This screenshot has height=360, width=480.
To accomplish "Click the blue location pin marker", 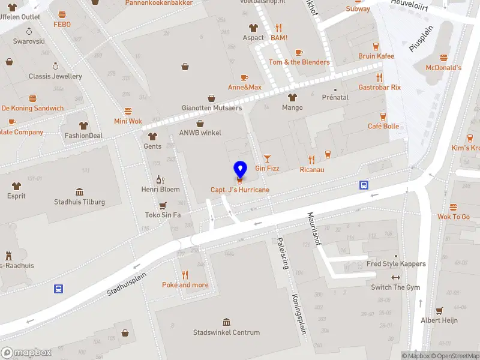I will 240,169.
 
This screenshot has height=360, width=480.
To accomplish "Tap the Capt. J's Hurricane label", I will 240,190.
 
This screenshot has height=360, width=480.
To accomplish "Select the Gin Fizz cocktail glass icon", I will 267,157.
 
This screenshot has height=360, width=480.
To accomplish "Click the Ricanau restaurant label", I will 311,169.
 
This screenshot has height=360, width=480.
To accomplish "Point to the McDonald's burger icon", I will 444,58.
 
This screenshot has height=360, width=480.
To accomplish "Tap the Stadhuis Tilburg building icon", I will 80,191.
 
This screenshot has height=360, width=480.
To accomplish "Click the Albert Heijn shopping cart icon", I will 439,310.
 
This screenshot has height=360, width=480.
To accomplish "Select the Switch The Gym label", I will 395,287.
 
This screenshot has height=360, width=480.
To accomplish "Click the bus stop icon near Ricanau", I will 364,185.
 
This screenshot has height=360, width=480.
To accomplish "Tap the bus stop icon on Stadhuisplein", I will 59,289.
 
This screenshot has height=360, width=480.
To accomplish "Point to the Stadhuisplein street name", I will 127,282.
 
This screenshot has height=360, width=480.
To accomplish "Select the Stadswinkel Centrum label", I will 226,332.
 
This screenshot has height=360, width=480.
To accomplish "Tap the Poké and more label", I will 185,285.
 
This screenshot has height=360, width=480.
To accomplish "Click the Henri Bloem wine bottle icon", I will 160,179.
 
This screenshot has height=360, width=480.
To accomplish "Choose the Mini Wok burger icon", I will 128,111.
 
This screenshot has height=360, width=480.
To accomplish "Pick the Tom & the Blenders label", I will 299,62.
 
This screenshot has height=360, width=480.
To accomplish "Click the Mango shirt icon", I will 292,97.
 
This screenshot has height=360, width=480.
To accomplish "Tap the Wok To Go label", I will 454,217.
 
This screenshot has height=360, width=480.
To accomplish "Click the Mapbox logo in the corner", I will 25,353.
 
